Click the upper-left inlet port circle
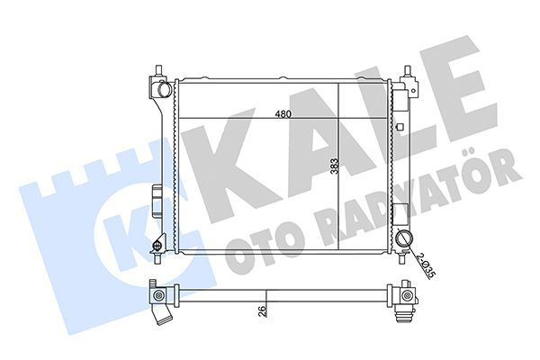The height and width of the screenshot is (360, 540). click(162, 90)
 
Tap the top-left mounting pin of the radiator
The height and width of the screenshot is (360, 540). click(157, 70)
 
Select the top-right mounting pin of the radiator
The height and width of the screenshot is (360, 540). click(407, 71)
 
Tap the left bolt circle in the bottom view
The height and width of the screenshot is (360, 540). click(159, 296)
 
